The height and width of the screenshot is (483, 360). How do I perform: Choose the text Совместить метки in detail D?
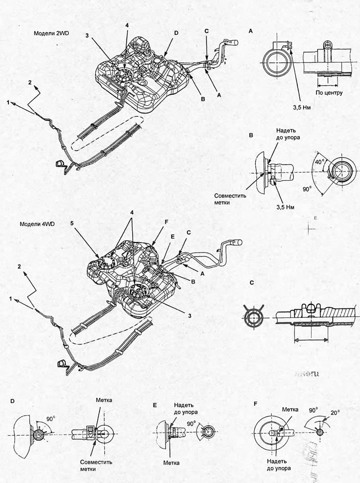click(x=96, y=465)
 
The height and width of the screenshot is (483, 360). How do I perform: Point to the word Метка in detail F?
click(x=290, y=409)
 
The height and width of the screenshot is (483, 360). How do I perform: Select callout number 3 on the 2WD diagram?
click(x=87, y=36)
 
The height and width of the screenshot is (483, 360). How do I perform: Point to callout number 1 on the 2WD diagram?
click(x=8, y=102)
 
